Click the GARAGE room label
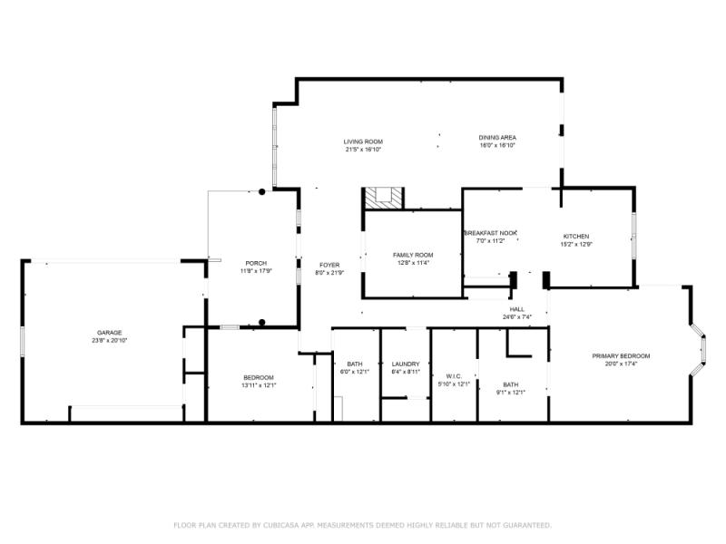pos(110,333)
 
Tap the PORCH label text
pos(256,263)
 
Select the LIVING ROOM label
pos(363,141)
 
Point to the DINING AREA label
pos(497,138)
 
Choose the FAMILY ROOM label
pos(413,256)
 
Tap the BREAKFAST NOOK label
pos(491,233)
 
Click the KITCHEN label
pos(575,236)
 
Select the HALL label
pos(516,309)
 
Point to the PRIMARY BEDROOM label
pos(621,356)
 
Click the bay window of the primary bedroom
pos(700,349)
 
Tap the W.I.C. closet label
pos(455,376)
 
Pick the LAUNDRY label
pos(406,364)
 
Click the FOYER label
pos(329,265)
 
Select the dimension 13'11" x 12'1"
pos(258,386)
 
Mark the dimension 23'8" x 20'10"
pos(110,341)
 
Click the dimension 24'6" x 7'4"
pos(516,317)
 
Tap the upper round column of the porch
pos(262,192)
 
